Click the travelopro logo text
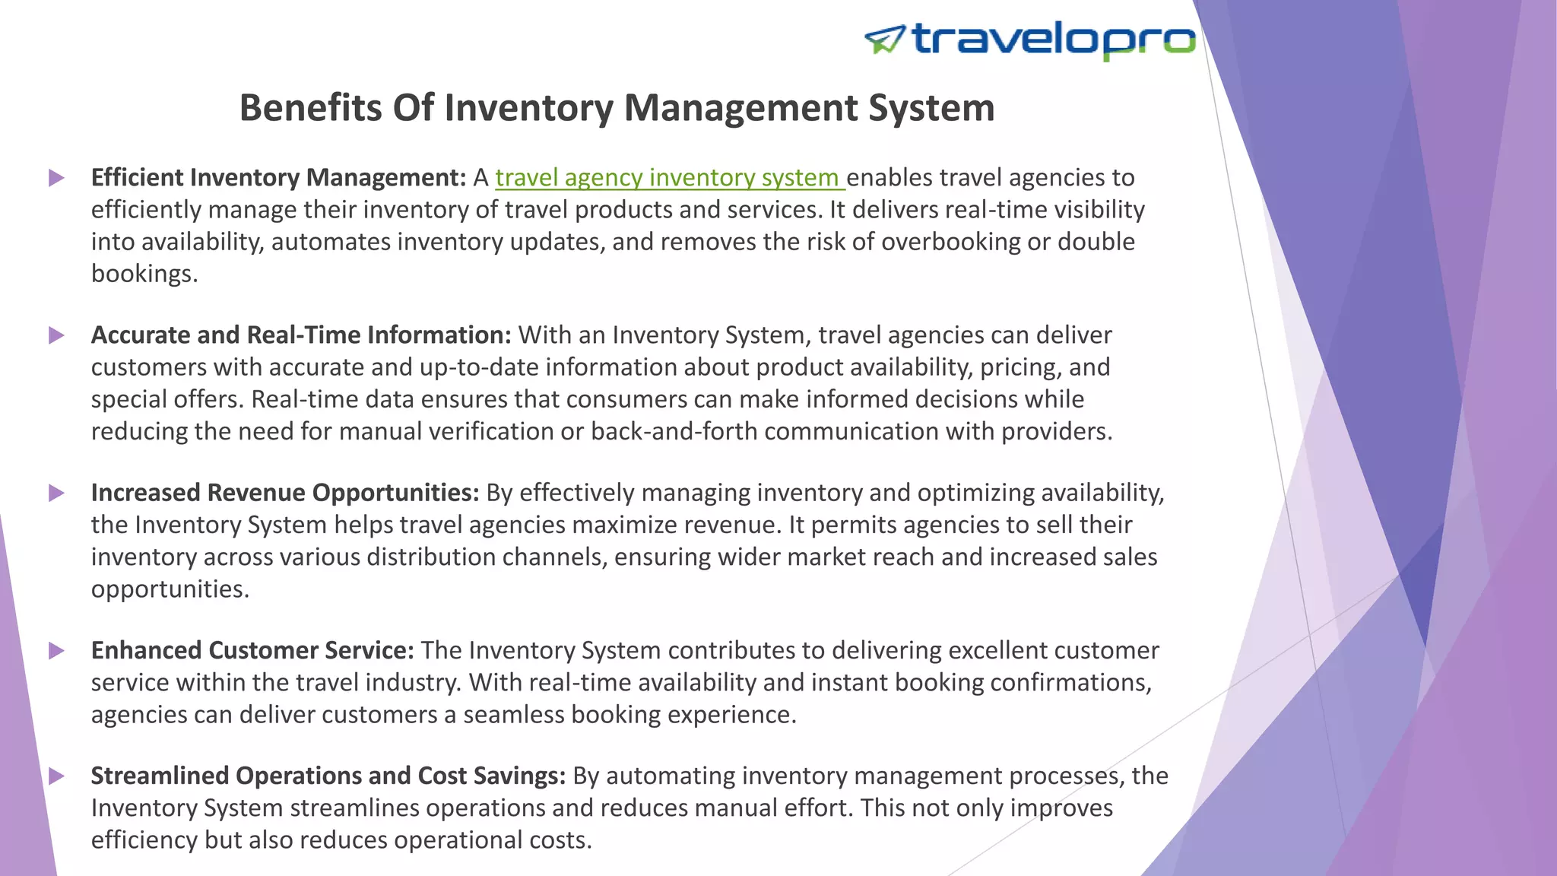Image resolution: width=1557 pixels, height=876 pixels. point(1053,40)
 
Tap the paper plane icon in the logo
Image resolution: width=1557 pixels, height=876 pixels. point(885,40)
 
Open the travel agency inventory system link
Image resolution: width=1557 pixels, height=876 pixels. point(669,178)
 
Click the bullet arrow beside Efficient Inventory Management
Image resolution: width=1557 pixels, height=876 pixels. point(56,178)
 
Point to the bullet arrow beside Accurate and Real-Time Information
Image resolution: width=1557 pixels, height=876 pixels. point(56,335)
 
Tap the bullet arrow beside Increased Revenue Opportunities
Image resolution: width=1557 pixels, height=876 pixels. point(56,493)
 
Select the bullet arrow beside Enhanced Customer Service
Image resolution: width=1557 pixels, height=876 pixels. point(56,651)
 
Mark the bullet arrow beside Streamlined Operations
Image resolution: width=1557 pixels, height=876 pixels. point(56,776)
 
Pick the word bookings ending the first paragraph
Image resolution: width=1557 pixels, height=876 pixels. point(144,274)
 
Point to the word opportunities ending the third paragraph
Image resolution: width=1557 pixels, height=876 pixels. point(170,589)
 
